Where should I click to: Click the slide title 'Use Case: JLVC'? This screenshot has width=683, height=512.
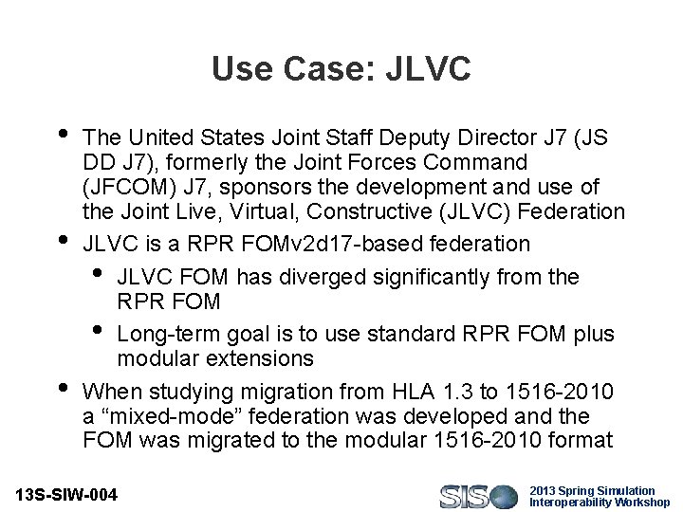pyautogui.click(x=341, y=68)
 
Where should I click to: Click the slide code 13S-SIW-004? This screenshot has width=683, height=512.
pyautogui.click(x=67, y=495)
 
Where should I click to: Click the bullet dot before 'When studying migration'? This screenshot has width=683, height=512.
pyautogui.click(x=63, y=387)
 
